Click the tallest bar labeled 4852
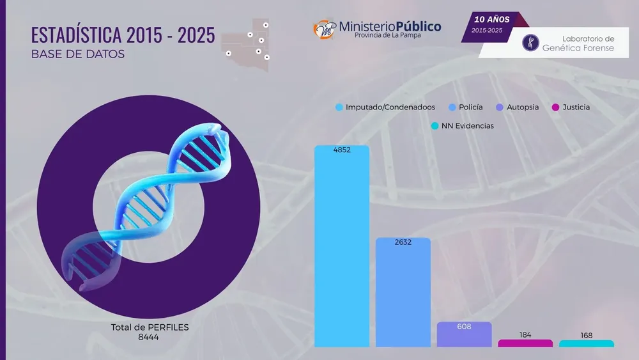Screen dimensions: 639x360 click(341, 246)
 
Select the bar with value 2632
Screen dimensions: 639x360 click(403, 292)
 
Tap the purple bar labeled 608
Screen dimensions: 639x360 click(464, 334)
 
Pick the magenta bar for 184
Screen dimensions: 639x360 click(525, 343)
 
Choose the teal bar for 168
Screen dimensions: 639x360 click(587, 343)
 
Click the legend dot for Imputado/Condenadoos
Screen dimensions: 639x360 click(339, 107)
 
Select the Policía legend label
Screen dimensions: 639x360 click(471, 107)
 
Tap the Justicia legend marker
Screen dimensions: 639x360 click(555, 107)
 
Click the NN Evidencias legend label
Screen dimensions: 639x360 click(468, 126)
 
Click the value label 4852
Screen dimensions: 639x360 click(342, 150)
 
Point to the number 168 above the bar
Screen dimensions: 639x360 click(587, 336)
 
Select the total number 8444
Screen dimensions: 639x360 click(148, 337)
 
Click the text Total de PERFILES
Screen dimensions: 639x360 click(150, 327)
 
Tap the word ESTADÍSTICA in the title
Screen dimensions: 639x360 click(76, 35)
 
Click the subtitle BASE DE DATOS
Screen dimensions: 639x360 click(78, 54)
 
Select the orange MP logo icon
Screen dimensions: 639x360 click(324, 30)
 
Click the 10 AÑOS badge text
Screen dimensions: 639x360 click(491, 19)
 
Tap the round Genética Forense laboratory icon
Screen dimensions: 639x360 click(530, 43)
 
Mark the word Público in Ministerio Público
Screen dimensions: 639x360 click(418, 27)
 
